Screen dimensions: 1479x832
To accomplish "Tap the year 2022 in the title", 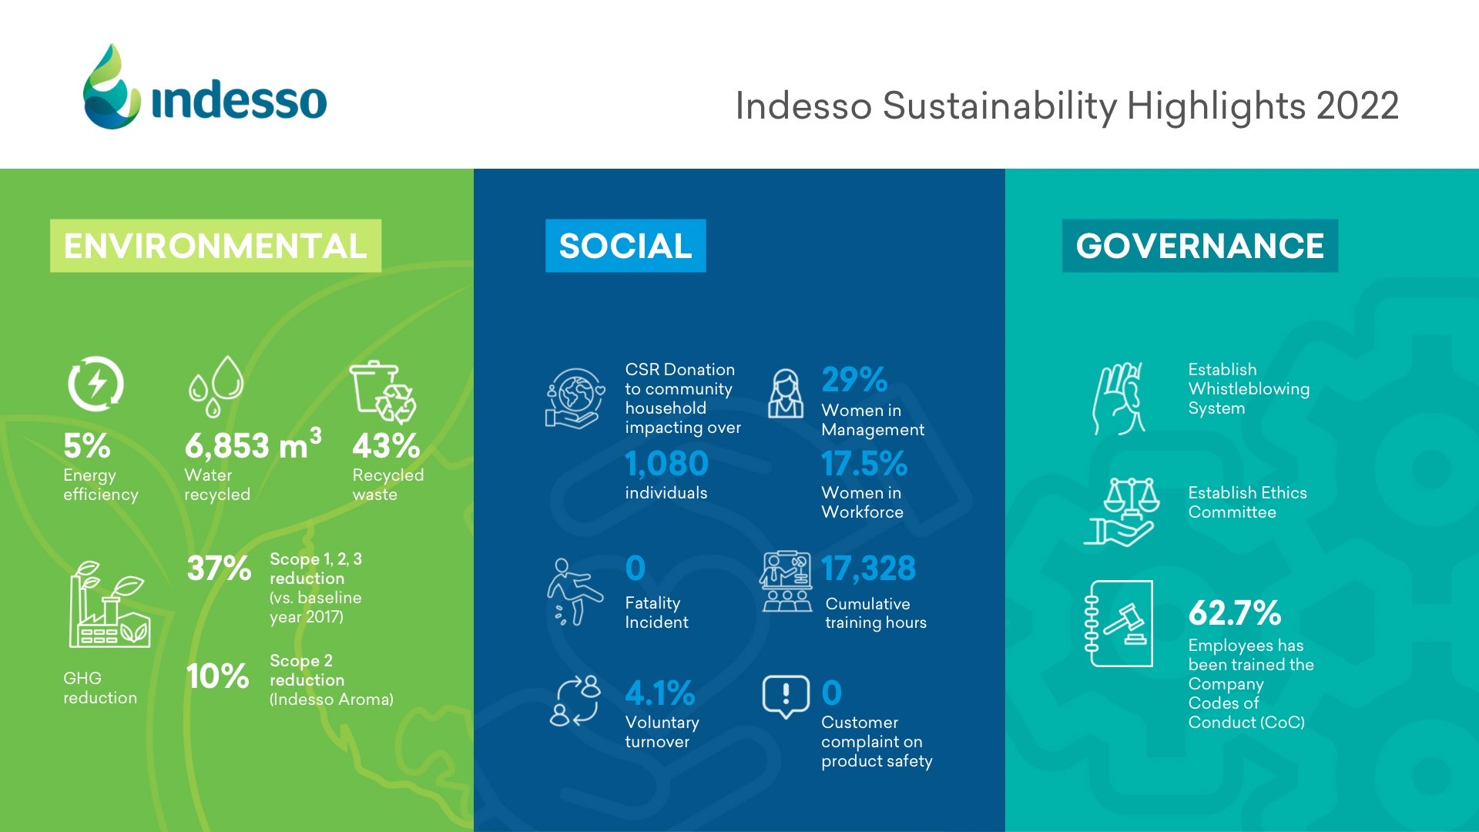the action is tap(1357, 106).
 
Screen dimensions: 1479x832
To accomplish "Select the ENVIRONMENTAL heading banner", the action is tap(216, 246).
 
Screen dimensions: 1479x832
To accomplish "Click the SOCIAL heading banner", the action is tap(625, 246).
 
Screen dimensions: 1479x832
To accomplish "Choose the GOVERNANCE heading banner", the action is tap(1200, 246).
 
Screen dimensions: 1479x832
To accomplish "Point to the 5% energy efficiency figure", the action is tap(86, 446).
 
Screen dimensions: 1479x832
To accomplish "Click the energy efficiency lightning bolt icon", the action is tap(96, 384).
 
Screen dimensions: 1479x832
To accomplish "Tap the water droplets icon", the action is tap(216, 387).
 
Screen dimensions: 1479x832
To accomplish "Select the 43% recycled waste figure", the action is tap(386, 446).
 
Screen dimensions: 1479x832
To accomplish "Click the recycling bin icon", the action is tap(384, 392).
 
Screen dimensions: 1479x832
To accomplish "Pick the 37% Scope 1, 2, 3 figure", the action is tap(219, 569).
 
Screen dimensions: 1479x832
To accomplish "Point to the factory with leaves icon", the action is tap(110, 604).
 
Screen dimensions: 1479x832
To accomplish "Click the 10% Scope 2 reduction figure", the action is tap(218, 676).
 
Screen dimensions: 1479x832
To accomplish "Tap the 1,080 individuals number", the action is tap(667, 464).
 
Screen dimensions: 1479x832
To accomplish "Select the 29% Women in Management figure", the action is tap(854, 380).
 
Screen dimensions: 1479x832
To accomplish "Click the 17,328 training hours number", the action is tap(869, 569).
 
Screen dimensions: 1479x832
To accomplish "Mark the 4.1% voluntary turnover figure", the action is tap(660, 693).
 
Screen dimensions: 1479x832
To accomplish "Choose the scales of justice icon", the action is tap(1122, 511).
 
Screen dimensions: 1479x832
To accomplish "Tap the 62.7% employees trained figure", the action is tap(1235, 613).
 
